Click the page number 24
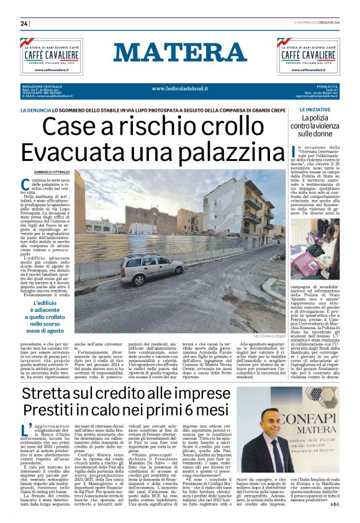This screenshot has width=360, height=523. point(24,24)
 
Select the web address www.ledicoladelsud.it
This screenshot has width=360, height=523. point(179,88)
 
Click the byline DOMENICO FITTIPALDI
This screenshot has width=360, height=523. point(52,171)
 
